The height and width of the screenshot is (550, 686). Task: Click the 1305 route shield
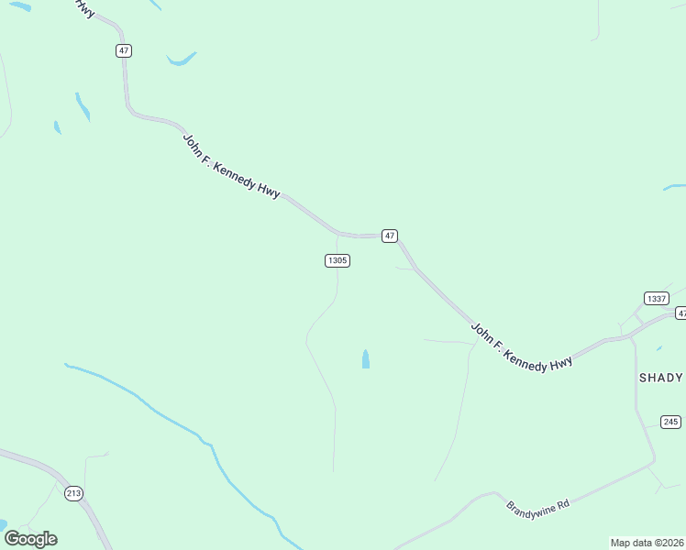pyautogui.click(x=337, y=260)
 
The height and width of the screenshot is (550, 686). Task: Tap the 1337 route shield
pyautogui.click(x=656, y=299)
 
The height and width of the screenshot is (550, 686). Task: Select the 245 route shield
pyautogui.click(x=670, y=422)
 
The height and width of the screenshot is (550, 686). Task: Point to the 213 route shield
pyautogui.click(x=74, y=493)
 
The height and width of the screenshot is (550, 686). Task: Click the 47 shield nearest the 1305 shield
pyautogui.click(x=390, y=236)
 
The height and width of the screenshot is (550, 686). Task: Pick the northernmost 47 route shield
pyautogui.click(x=124, y=50)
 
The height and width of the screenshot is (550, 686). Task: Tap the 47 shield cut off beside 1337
pyautogui.click(x=680, y=313)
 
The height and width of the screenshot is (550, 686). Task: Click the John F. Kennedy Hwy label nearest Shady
pyautogui.click(x=521, y=346)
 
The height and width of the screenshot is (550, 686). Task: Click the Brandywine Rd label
pyautogui.click(x=538, y=504)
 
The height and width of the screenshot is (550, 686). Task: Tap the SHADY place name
pyautogui.click(x=660, y=378)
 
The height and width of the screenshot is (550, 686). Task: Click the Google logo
pyautogui.click(x=30, y=539)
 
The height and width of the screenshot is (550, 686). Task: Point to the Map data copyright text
pyautogui.click(x=647, y=542)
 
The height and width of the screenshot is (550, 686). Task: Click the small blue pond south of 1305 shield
pyautogui.click(x=366, y=358)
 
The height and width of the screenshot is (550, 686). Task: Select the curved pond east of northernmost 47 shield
pyautogui.click(x=181, y=60)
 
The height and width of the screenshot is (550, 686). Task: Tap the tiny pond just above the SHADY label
pyautogui.click(x=658, y=349)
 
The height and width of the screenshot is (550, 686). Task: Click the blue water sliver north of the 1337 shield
pyautogui.click(x=674, y=188)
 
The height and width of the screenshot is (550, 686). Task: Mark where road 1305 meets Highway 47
pyautogui.click(x=338, y=234)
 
